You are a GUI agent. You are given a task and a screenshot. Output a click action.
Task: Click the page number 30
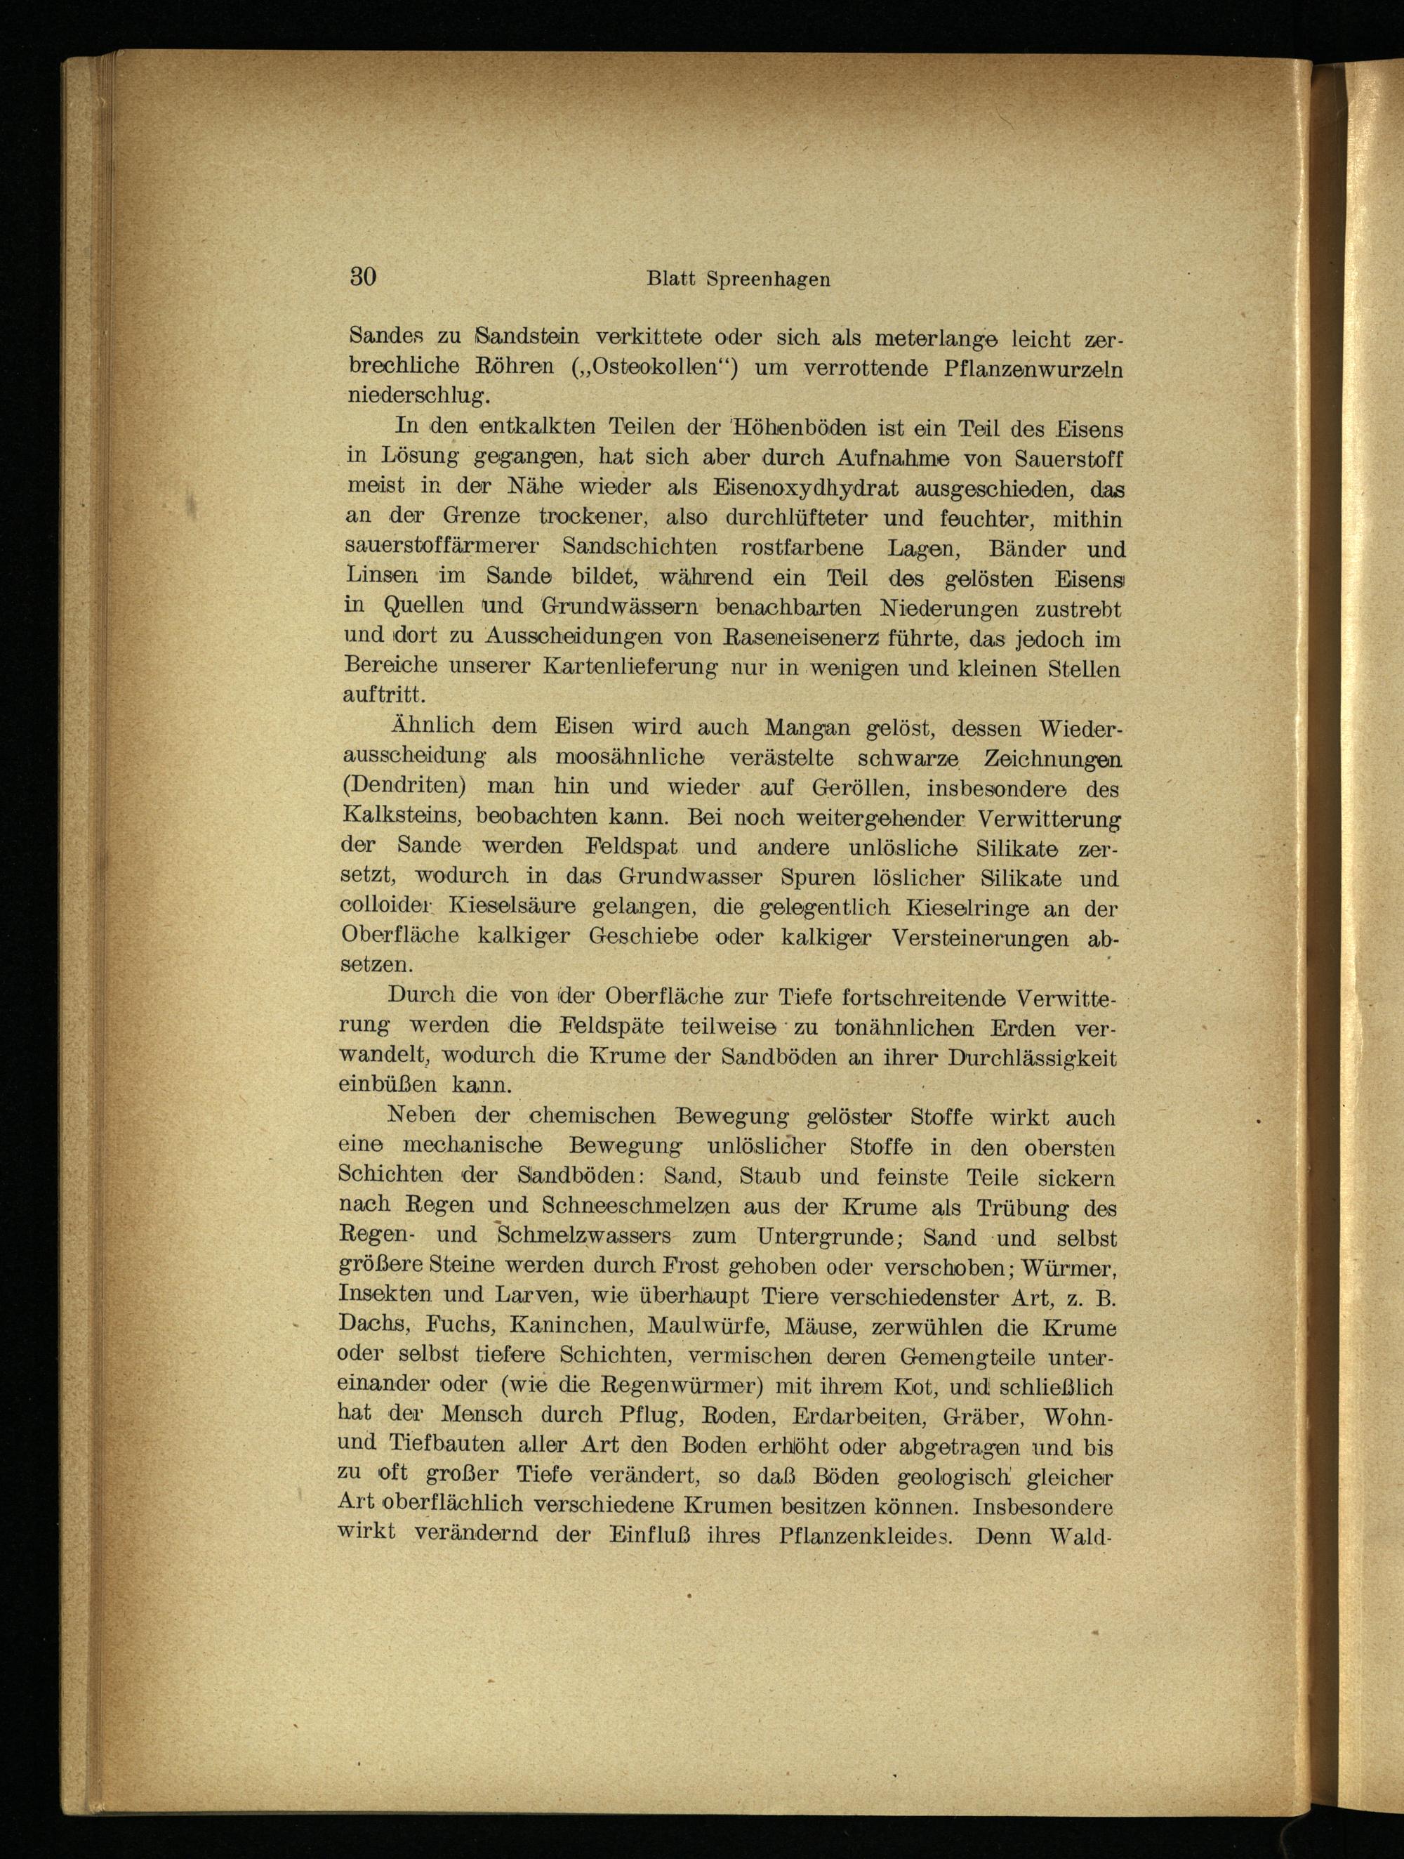point(363,277)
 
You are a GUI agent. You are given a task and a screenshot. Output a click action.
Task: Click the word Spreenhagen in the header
point(768,280)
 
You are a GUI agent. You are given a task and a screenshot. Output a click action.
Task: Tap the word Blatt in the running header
point(671,279)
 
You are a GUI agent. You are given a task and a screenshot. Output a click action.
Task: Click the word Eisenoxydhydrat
point(806,487)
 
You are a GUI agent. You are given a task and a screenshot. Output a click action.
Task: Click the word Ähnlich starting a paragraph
point(432,725)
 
